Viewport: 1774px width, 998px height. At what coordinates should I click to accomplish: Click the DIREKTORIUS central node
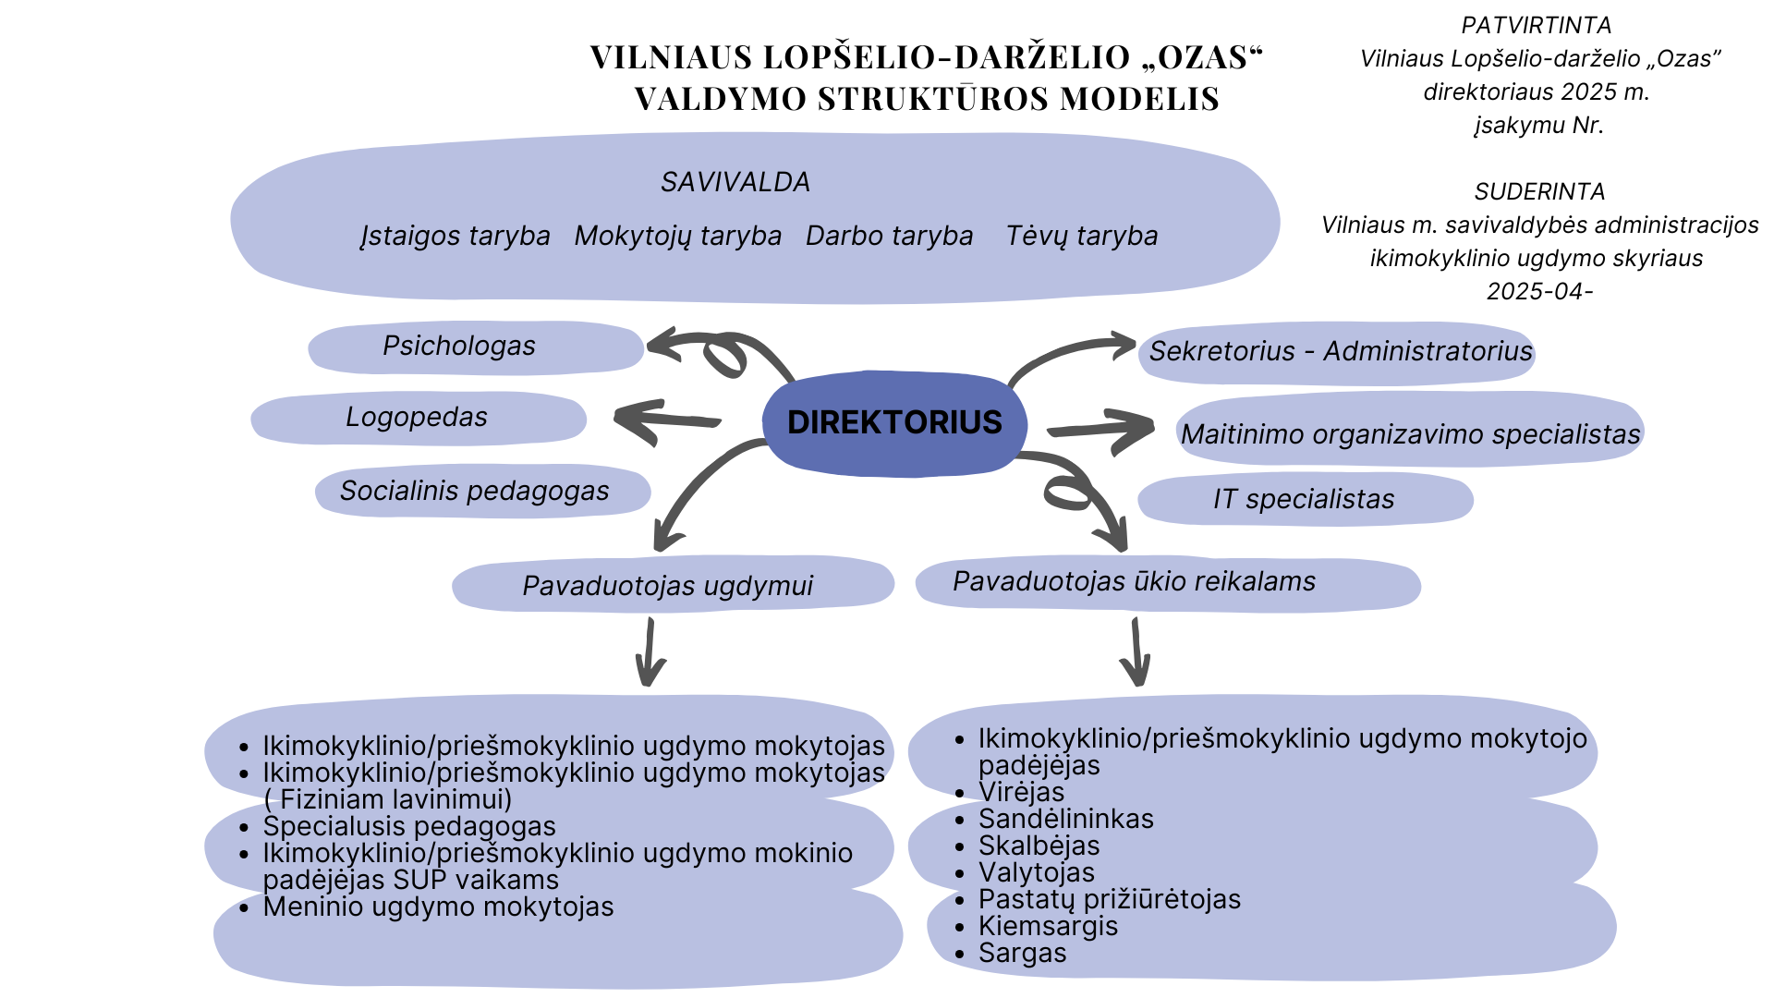coord(894,423)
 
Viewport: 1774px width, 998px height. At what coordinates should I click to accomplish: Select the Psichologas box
coord(459,347)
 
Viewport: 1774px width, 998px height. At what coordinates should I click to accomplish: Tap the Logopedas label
coord(417,418)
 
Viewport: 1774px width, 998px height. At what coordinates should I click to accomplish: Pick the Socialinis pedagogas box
coord(475,491)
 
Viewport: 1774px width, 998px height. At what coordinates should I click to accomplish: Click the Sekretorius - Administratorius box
coord(1340,352)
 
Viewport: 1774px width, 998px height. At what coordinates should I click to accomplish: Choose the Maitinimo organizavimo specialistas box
coord(1410,434)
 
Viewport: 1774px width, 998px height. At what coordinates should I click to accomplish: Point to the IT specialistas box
coord(1304,500)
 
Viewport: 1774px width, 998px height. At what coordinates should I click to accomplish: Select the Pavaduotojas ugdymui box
coord(668,586)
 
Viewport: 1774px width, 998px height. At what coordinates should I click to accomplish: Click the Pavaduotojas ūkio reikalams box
coord(1135,582)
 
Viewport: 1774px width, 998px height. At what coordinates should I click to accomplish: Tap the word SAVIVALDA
coord(735,183)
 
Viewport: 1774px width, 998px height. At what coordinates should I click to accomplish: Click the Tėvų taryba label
coord(1082,237)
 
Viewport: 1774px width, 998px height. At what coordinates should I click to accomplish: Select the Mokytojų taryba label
coord(678,237)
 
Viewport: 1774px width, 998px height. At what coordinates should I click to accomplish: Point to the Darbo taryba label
coord(890,237)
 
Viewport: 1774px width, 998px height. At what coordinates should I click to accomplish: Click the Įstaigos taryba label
coord(456,237)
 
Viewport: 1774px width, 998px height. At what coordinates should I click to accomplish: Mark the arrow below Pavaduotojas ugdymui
coord(650,652)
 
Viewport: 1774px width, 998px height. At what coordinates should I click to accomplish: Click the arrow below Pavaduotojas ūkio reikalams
coord(1136,652)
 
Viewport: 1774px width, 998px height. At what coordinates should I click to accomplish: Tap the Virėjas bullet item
coord(1022,793)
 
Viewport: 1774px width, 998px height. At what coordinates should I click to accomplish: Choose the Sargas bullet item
coord(1023,954)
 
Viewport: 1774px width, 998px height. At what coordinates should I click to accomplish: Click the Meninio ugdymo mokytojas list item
coord(438,907)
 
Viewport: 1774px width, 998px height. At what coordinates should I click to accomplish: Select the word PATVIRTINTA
coord(1537,26)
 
